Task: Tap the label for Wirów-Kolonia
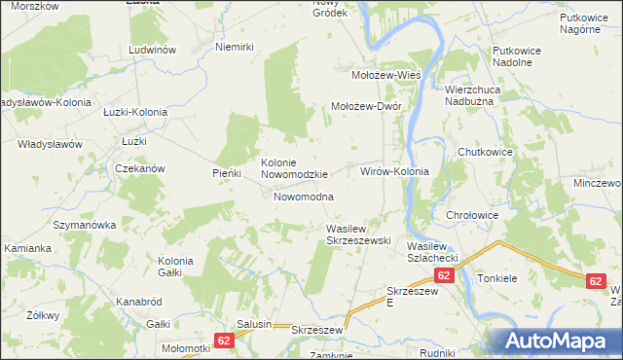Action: click(x=394, y=171)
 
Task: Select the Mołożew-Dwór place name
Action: click(x=367, y=107)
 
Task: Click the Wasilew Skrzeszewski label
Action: click(x=357, y=234)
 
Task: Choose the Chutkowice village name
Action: click(x=486, y=152)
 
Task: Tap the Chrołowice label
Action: click(x=472, y=215)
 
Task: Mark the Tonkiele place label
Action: click(x=501, y=276)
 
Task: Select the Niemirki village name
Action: click(x=234, y=47)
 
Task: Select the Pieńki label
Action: click(x=226, y=173)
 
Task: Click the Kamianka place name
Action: click(x=28, y=248)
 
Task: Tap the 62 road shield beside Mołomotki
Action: click(x=224, y=341)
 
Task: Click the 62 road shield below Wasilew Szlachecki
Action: click(x=444, y=276)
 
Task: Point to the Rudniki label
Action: click(x=439, y=353)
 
